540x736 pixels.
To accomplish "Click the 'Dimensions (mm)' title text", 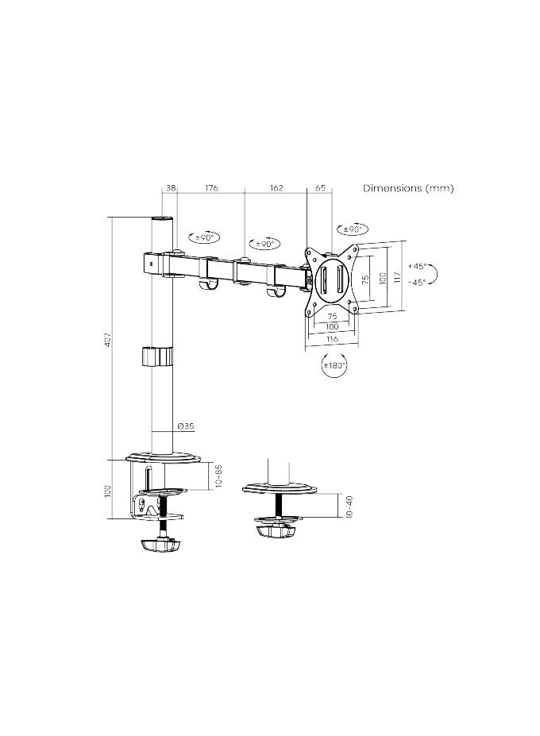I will pyautogui.click(x=408, y=188).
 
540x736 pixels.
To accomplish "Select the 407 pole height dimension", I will pyautogui.click(x=107, y=339).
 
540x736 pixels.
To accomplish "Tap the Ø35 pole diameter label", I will pyautogui.click(x=184, y=426).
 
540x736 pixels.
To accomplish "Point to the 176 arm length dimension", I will pyautogui.click(x=211, y=188).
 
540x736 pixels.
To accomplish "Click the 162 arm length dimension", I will pyautogui.click(x=276, y=188).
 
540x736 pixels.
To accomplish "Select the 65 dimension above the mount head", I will pyautogui.click(x=320, y=188).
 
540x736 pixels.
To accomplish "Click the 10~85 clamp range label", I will pyautogui.click(x=218, y=476).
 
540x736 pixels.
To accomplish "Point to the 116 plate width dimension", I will pyautogui.click(x=332, y=339).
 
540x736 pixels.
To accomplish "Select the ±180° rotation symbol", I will pyautogui.click(x=333, y=366).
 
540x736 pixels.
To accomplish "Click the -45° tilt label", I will pyautogui.click(x=418, y=282).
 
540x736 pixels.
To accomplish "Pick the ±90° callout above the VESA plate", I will pyautogui.click(x=351, y=230).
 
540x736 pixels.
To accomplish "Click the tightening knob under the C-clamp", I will pyautogui.click(x=158, y=546).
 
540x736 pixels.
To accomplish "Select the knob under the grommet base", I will pyautogui.click(x=276, y=528).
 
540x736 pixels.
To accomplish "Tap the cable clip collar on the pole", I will pyautogui.click(x=157, y=356).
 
